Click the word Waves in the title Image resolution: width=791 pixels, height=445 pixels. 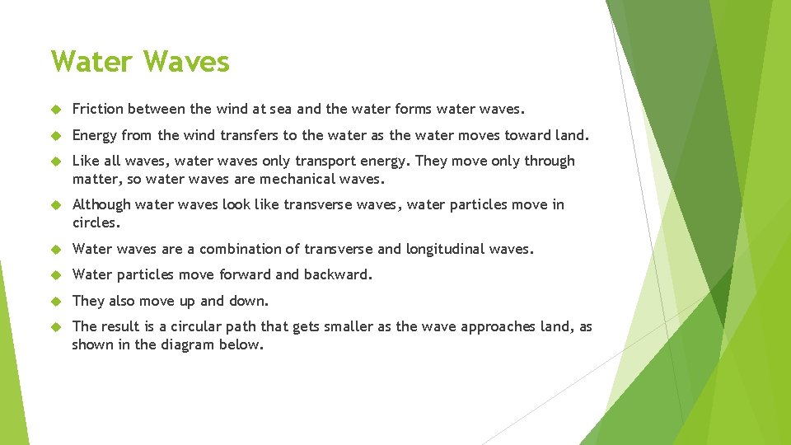click(x=186, y=62)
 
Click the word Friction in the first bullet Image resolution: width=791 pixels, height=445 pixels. click(x=97, y=109)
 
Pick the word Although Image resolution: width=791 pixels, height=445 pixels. click(x=101, y=204)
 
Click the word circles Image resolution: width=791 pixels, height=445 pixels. click(x=96, y=222)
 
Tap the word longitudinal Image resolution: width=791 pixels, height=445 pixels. click(x=447, y=249)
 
